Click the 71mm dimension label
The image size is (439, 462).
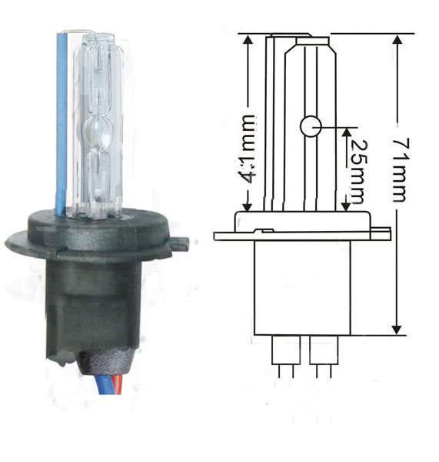pos(401,170)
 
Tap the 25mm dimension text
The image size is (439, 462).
pos(358,172)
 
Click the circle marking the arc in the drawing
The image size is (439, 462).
pos(311,127)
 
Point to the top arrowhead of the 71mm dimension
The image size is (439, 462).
pos(397,42)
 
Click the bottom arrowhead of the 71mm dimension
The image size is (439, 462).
pos(397,327)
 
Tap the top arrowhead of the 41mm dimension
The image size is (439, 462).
pos(248,42)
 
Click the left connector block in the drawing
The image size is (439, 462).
pos(286,350)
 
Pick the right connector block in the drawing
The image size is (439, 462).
pos(324,350)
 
